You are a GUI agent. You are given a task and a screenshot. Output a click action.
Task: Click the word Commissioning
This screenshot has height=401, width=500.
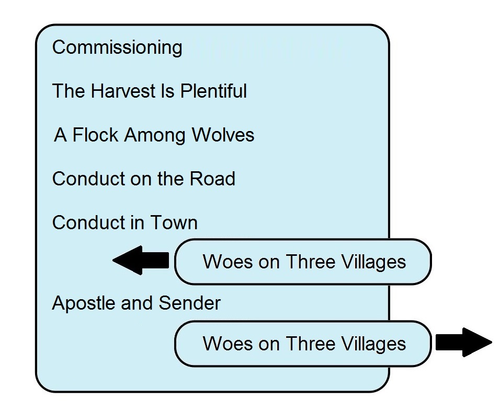pos(117,48)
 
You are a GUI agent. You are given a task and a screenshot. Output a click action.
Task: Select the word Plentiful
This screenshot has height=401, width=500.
pos(213,91)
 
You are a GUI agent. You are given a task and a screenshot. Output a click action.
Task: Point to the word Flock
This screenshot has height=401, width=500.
pos(95,135)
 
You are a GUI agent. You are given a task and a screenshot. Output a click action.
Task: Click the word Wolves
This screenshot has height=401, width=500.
pos(223,135)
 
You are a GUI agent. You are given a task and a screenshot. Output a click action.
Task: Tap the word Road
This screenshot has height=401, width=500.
pos(212,179)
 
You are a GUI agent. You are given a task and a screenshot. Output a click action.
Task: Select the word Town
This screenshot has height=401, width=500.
pos(174,222)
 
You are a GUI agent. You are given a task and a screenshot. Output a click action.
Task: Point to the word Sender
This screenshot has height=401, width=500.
pos(189,303)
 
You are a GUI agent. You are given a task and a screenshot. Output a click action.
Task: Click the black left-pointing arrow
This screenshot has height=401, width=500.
pos(141,261)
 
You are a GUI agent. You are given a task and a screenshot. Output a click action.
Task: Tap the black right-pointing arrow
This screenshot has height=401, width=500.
pos(464,343)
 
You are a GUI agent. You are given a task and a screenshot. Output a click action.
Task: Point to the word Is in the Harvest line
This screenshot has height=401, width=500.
pos(168,91)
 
